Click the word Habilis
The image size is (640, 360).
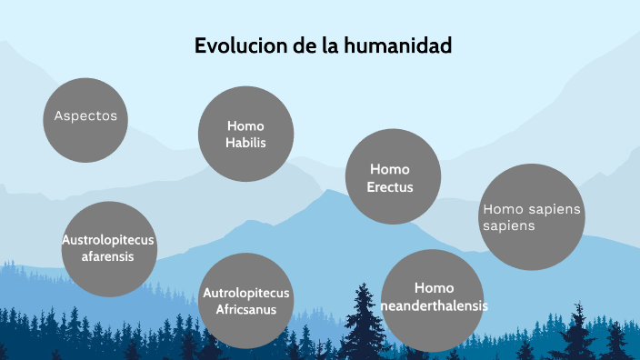(x=245, y=143)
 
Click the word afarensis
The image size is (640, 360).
(x=108, y=256)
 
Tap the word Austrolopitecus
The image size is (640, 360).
(x=108, y=240)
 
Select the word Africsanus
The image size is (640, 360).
(x=245, y=309)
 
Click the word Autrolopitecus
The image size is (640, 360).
(x=245, y=293)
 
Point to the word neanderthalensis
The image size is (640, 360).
(x=434, y=305)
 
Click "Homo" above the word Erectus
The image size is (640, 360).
(x=390, y=170)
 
